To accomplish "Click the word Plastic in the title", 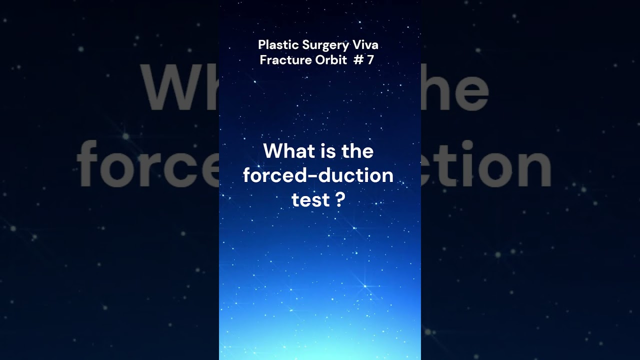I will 278,45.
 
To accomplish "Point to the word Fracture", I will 283,60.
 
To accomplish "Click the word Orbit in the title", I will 329,60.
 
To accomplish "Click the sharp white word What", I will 289,151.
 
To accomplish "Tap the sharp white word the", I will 357,151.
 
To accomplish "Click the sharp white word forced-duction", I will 318,175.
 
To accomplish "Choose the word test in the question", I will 310,200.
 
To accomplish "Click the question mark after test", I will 340,200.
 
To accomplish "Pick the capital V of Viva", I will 357,45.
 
